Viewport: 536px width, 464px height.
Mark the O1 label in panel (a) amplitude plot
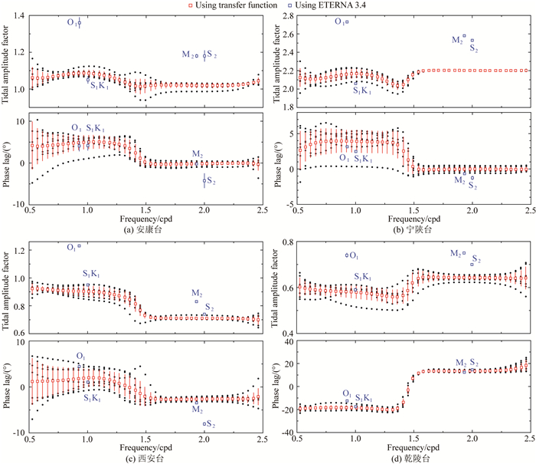[x=70, y=24]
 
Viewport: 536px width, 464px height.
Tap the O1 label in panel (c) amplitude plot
[x=70, y=247]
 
